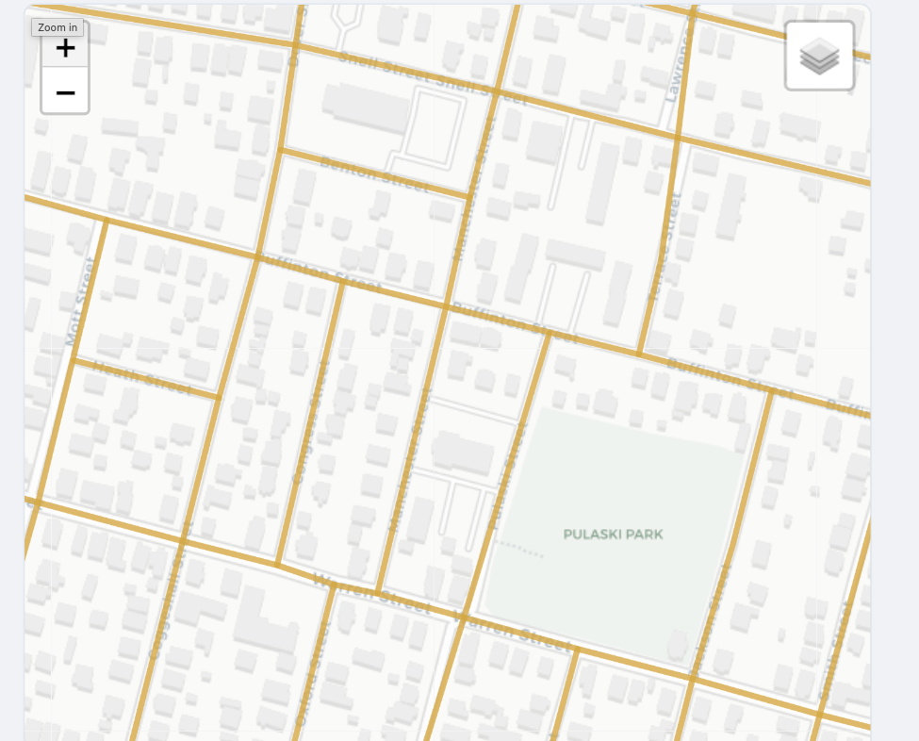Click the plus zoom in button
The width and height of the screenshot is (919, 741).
pyautogui.click(x=65, y=49)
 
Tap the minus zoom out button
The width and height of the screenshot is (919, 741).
pyautogui.click(x=65, y=92)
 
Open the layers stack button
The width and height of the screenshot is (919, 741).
pyautogui.click(x=819, y=57)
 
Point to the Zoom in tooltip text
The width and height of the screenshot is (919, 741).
pyautogui.click(x=58, y=27)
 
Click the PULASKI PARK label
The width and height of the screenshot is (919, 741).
pyautogui.click(x=613, y=535)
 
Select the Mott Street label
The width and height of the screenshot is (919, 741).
pyautogui.click(x=83, y=301)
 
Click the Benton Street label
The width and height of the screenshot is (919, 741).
pyautogui.click(x=373, y=174)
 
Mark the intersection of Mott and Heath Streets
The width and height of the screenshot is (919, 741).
pyautogui.click(x=73, y=359)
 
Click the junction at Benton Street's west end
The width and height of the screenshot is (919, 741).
pyautogui.click(x=280, y=149)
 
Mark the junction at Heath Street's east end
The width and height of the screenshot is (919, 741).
pyautogui.click(x=219, y=396)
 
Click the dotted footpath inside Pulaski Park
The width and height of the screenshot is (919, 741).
pyautogui.click(x=518, y=549)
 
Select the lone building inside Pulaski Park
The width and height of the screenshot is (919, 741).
pyautogui.click(x=677, y=646)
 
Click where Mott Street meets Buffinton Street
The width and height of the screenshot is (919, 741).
pyautogui.click(x=104, y=220)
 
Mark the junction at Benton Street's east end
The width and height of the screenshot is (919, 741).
pyautogui.click(x=468, y=197)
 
